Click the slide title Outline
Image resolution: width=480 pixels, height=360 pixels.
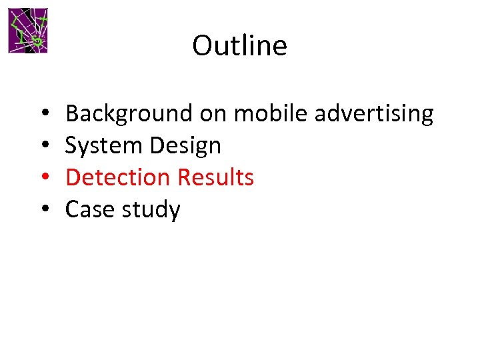coord(239,45)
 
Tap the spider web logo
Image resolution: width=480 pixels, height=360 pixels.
coord(28,31)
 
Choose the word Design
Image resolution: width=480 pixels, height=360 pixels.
coord(189,146)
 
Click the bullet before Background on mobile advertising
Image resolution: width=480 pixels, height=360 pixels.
coord(43,115)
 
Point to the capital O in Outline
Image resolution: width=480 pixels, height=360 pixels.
coord(202,46)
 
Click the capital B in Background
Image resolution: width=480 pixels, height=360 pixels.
coord(73,114)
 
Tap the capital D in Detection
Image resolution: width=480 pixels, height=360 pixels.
coord(73,177)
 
